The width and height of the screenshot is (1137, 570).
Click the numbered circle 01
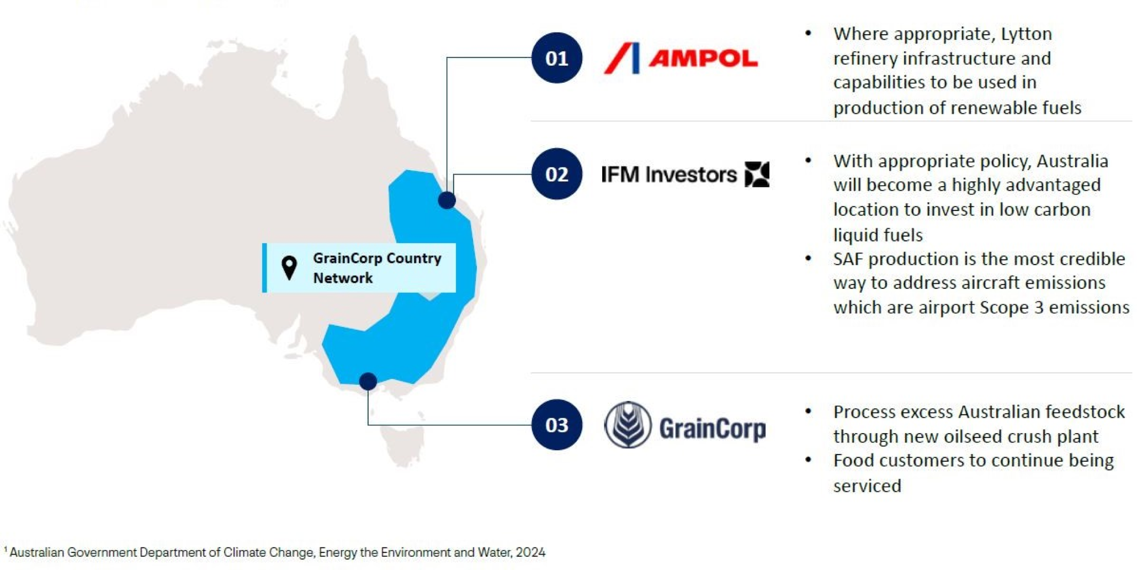(x=556, y=58)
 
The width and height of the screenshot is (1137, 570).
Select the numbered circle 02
(x=556, y=174)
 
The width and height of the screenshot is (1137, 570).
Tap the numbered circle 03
(x=556, y=425)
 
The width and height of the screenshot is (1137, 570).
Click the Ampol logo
(x=681, y=58)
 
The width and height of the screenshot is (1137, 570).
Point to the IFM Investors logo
(x=685, y=175)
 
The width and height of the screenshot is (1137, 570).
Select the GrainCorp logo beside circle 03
(x=685, y=425)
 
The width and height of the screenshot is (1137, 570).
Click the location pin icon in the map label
(x=289, y=268)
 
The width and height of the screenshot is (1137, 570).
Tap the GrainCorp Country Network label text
(x=377, y=268)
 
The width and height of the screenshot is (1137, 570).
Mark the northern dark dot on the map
(x=447, y=200)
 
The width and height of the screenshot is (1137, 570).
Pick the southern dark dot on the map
(x=368, y=381)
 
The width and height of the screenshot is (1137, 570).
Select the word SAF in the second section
(x=850, y=258)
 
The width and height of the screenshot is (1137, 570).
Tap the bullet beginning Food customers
(x=974, y=473)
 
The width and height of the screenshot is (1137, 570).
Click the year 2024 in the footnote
(x=531, y=552)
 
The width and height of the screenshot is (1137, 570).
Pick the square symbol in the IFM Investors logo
(x=757, y=175)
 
